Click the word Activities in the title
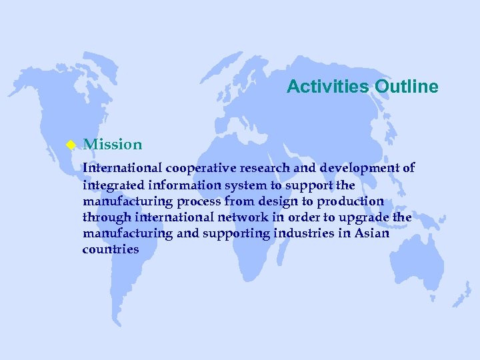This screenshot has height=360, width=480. [328, 87]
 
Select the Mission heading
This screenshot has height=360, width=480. [113, 144]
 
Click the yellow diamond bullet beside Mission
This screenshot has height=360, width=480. [68, 145]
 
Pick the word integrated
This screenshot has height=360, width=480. [109, 185]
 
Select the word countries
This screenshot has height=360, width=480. [111, 249]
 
